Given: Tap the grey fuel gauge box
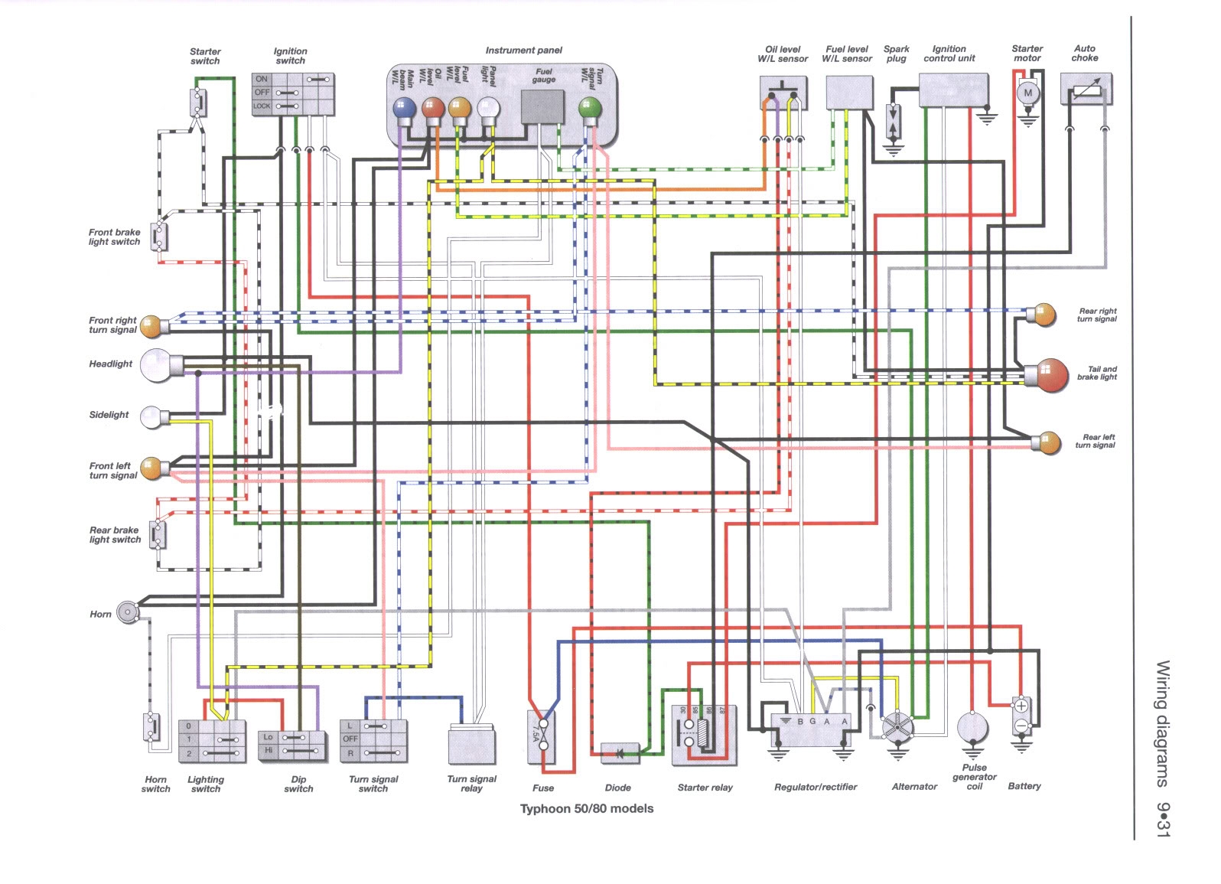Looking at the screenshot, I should click(x=543, y=106).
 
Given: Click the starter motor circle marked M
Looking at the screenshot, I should click(x=1027, y=93).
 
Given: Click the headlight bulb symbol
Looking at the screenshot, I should click(x=164, y=365).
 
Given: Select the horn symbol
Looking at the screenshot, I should click(x=125, y=613).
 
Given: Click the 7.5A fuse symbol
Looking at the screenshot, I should click(x=542, y=736).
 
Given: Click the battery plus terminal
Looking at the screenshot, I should click(x=1021, y=706).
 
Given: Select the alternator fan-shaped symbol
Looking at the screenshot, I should click(x=895, y=726).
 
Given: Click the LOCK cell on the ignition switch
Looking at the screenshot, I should click(x=262, y=106).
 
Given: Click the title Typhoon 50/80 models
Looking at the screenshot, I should click(x=587, y=808).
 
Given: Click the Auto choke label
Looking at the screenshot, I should click(x=1084, y=53).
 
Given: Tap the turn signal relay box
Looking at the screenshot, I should click(x=472, y=745).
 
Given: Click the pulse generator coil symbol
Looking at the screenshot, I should click(x=972, y=727).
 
